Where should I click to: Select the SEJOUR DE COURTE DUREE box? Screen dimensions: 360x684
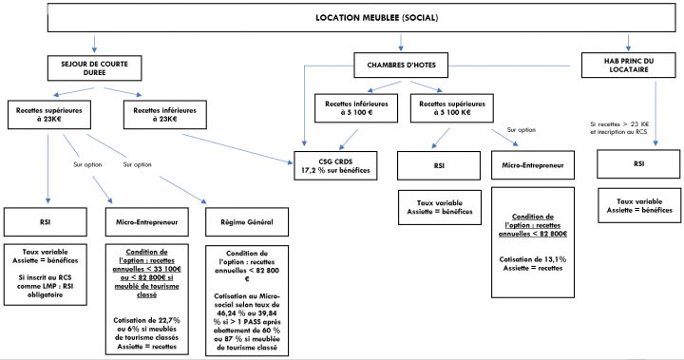click(94, 66)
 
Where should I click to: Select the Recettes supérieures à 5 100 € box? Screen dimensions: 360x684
click(451, 107)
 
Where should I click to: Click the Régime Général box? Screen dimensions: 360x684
click(248, 222)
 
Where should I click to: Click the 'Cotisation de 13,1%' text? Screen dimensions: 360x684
click(532, 258)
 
